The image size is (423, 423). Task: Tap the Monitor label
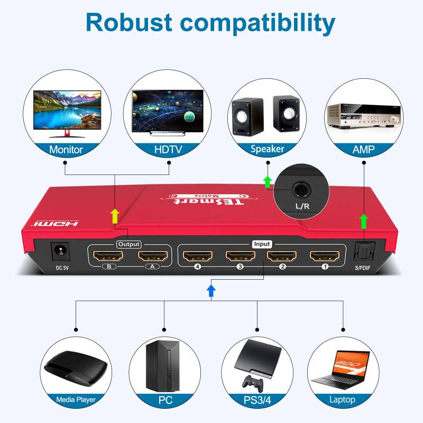click(x=66, y=150)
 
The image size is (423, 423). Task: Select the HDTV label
click(x=168, y=150)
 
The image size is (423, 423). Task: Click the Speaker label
click(x=267, y=150)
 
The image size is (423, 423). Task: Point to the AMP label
click(x=363, y=150)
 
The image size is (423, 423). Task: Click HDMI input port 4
click(x=197, y=256)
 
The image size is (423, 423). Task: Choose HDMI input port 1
click(x=325, y=256)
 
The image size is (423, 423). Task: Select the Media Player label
click(x=76, y=400)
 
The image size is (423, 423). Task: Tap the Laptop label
click(x=342, y=400)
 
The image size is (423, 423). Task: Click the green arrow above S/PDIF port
click(x=363, y=220)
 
